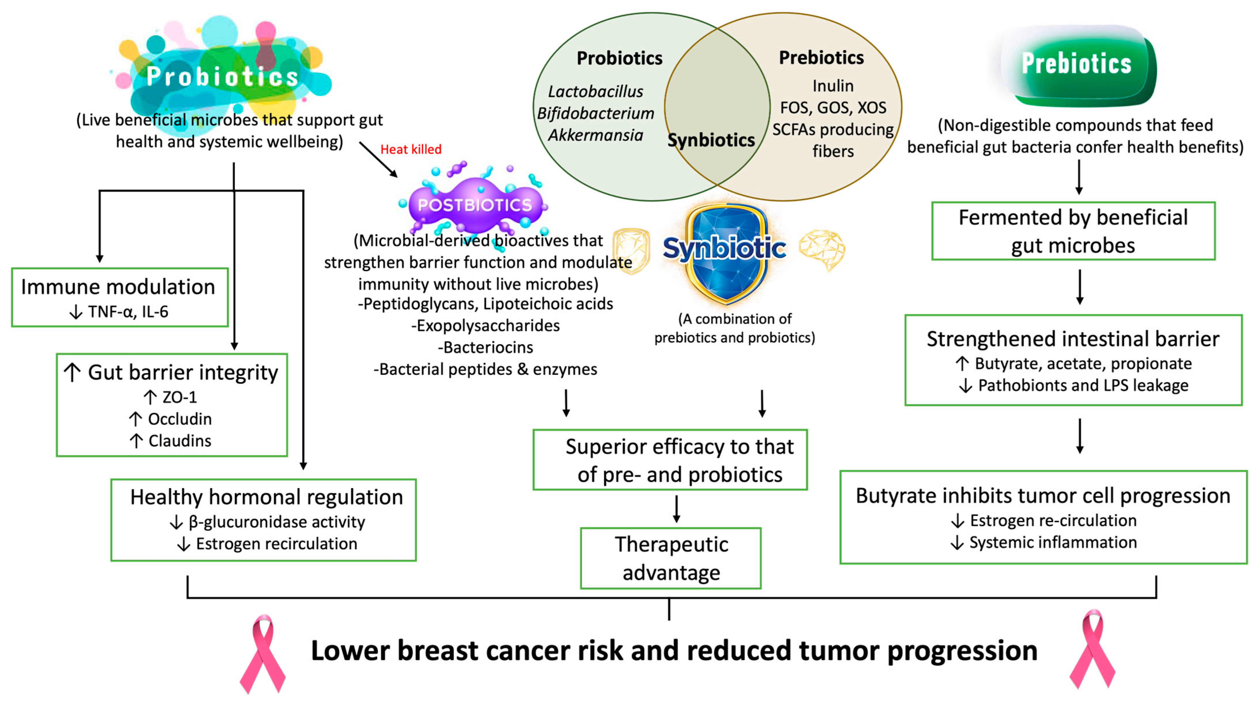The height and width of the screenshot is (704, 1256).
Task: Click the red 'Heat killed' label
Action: [x=411, y=149]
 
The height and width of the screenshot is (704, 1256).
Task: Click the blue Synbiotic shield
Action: [x=725, y=251]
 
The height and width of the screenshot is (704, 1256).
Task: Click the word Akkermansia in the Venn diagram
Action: [x=595, y=135]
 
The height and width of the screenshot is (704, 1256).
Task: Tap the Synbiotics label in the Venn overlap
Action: [x=711, y=140]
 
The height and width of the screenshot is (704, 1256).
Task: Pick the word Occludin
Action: [x=179, y=419]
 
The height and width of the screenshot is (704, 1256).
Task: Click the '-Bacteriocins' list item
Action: [x=486, y=347]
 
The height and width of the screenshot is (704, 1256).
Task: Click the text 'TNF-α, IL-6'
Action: [x=128, y=311]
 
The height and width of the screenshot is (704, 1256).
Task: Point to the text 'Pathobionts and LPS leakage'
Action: [x=1083, y=385]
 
